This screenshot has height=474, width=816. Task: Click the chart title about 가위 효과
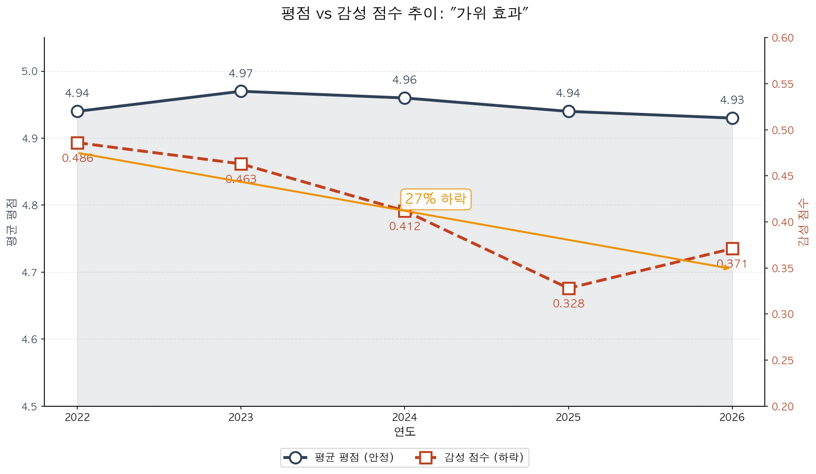click(x=405, y=13)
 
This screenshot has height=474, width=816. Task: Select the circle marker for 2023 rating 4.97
click(x=241, y=91)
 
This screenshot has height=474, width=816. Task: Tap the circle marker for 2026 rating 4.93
click(x=732, y=118)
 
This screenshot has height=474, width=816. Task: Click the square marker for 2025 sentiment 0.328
click(x=568, y=288)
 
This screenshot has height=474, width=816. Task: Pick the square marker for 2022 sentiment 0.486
click(x=77, y=143)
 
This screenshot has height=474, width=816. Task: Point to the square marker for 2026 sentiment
click(x=732, y=248)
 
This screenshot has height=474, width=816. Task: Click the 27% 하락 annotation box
click(x=435, y=199)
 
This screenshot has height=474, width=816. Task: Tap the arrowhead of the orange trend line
click(x=727, y=268)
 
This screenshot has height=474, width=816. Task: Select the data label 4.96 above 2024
click(x=405, y=80)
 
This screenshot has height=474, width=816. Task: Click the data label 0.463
click(x=241, y=179)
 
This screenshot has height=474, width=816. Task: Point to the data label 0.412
click(x=405, y=226)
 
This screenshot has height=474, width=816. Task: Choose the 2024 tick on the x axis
click(x=405, y=417)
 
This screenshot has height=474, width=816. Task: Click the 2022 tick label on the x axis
click(x=77, y=417)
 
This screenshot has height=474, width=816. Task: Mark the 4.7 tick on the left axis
click(x=30, y=273)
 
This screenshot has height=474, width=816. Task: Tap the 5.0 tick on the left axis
click(x=30, y=72)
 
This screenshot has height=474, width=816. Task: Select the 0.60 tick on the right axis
click(x=783, y=38)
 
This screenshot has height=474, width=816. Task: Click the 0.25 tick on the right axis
click(x=783, y=361)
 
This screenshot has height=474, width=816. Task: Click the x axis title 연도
click(x=405, y=431)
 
